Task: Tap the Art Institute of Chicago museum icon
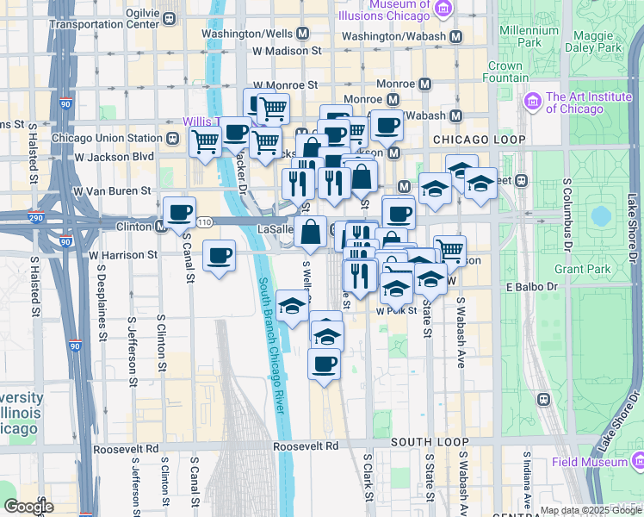[531, 103]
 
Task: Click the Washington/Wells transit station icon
[302, 34]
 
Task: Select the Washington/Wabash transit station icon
[455, 36]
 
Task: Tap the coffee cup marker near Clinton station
[179, 211]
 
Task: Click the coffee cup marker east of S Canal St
[220, 255]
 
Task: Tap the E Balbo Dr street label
[533, 286]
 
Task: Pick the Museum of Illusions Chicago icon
[444, 9]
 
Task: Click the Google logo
[29, 506]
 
